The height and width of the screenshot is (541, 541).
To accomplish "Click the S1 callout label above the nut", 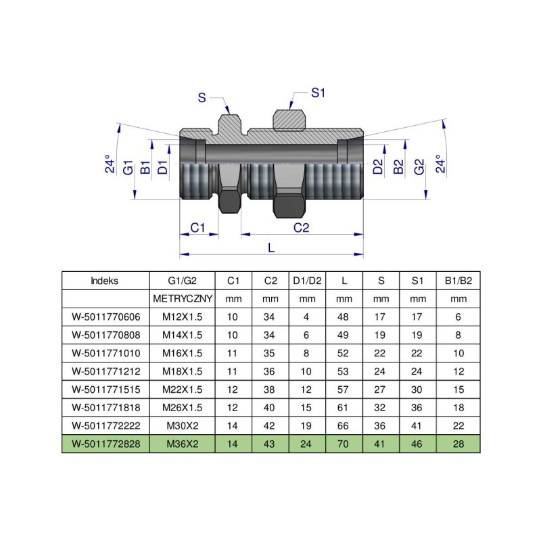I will coord(319,93).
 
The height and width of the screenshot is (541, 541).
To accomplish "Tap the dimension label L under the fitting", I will coord(271,248).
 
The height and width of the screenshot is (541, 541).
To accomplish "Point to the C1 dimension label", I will coord(197,228).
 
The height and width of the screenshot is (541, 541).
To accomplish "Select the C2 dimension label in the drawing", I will coord(302,228).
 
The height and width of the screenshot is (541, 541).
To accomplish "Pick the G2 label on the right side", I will coord(419,168).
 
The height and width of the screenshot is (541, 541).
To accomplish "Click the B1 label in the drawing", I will coord(145,168).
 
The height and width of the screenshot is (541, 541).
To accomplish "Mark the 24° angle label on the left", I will coord(110,165).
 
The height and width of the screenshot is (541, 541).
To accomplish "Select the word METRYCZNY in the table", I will coord(182,298).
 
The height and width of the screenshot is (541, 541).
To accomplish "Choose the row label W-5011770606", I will coord(105,316).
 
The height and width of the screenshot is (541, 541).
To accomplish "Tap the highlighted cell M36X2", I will coord(182,443).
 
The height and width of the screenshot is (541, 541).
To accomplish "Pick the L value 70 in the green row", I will coord(344,443).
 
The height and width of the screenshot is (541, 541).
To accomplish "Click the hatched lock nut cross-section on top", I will coord(289,119).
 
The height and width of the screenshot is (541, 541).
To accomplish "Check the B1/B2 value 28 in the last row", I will coord(458,443).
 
